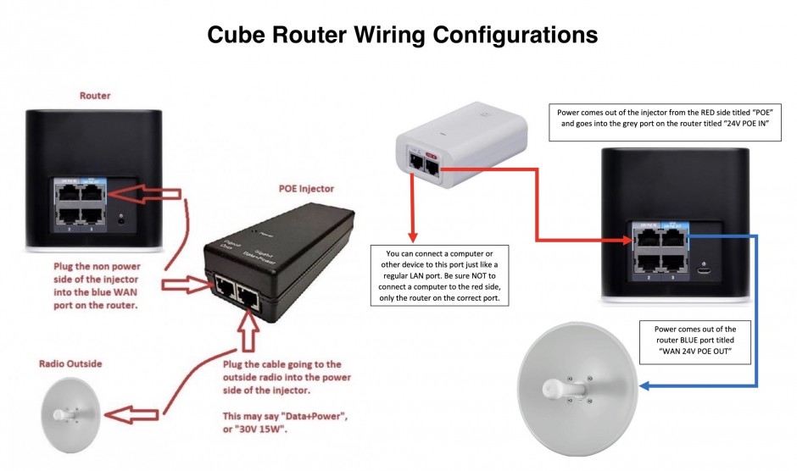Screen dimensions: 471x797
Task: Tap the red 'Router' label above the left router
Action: coord(94,96)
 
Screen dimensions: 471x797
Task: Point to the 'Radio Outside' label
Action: coord(70,363)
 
